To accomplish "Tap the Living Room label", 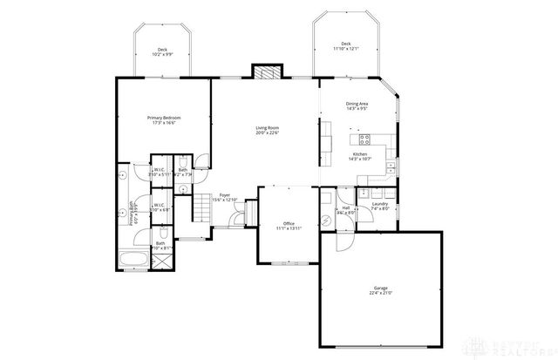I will point(267,131).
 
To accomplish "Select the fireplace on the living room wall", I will point(263,71).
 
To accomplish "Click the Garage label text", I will point(380,289).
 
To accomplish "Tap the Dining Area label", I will point(357,106).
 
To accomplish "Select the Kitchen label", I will point(360,156).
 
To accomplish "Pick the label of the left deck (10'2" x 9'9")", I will point(162,52).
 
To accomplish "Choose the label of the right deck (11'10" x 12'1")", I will point(345,45).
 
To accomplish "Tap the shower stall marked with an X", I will point(163,261).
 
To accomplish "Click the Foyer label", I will point(225,197).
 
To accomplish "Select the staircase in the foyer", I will point(249,212).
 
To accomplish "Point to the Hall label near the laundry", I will point(346,209).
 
